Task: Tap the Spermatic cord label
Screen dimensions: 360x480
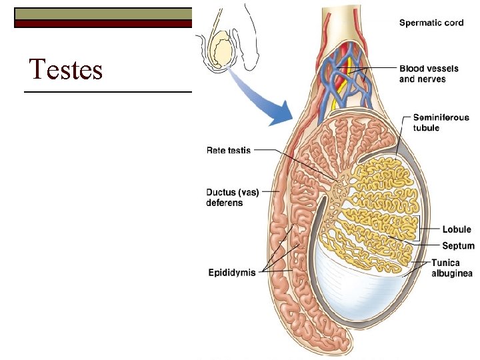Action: tap(431, 23)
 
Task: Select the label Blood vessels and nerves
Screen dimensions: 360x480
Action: tap(423, 73)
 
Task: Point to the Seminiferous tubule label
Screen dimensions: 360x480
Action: tap(441, 123)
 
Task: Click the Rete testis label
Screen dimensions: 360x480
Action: tap(228, 151)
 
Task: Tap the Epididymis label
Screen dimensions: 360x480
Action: tap(231, 272)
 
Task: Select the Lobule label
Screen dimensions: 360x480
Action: tap(457, 229)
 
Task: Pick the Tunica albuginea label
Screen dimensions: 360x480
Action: tap(451, 268)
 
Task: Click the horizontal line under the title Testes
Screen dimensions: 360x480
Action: tap(107, 91)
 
